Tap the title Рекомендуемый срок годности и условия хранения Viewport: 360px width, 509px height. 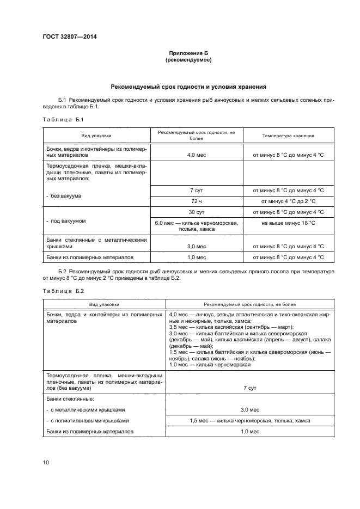pos(188,86)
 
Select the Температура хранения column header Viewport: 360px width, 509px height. pos(288,136)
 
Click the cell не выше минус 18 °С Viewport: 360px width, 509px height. pos(288,223)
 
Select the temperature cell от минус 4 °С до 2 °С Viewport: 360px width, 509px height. pos(288,201)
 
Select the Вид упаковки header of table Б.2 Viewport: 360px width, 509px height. pos(104,304)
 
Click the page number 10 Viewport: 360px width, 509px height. pos(46,462)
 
